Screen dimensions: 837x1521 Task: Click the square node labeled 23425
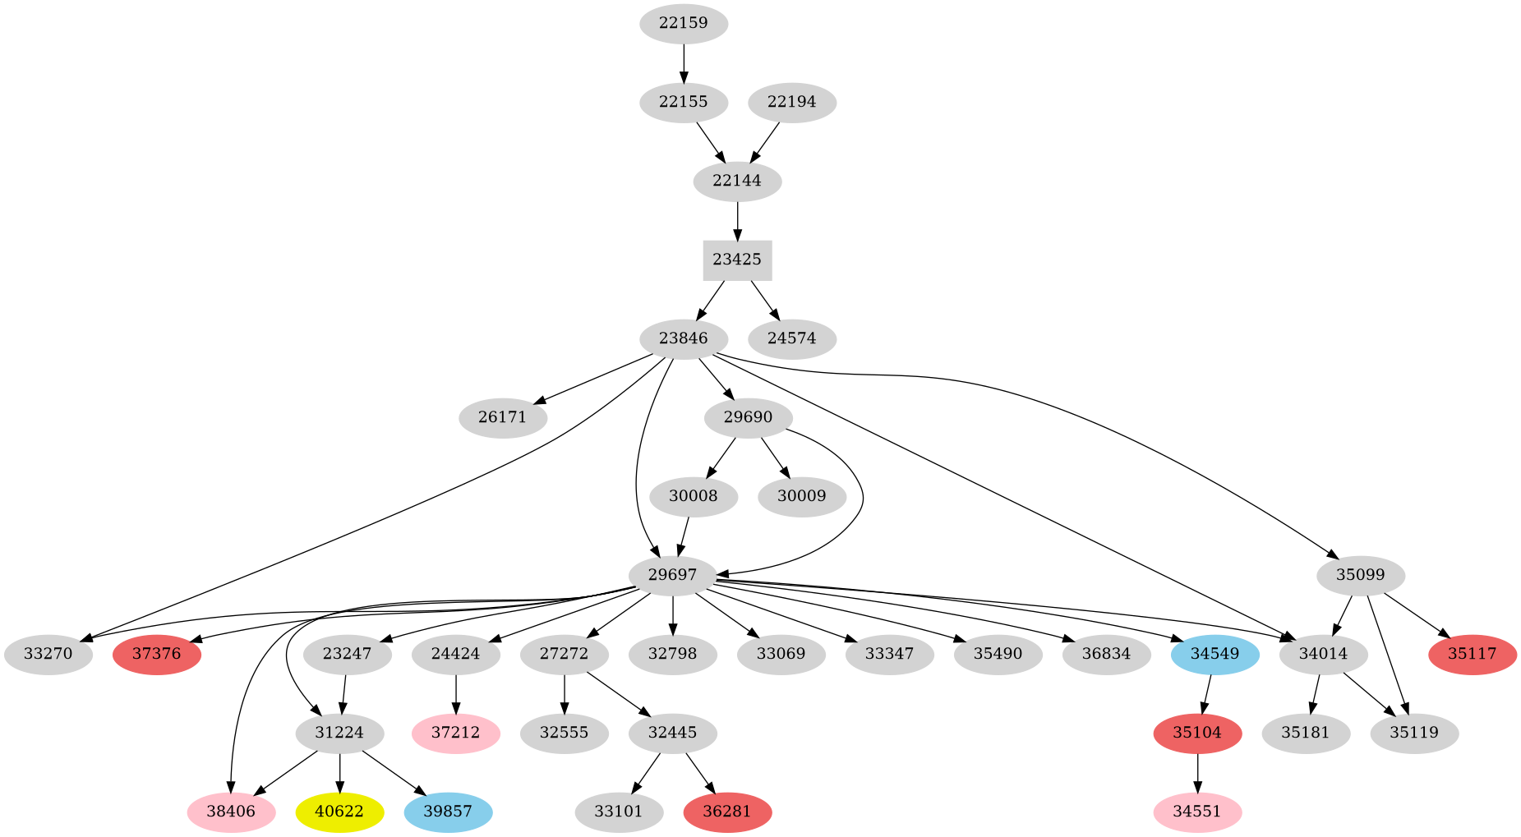(x=737, y=260)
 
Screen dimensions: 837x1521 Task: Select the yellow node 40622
(x=339, y=812)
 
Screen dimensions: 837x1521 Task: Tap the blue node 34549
(x=1214, y=654)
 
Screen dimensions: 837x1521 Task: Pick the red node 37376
(x=157, y=654)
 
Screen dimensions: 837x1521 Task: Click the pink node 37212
(x=455, y=733)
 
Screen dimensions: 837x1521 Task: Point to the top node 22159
(x=684, y=23)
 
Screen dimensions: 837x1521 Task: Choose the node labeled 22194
(x=792, y=102)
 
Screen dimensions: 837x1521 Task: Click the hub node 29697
(x=673, y=575)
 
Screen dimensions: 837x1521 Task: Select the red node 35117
(x=1473, y=654)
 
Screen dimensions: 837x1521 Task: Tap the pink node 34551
(x=1197, y=812)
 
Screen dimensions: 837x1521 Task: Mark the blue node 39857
(x=448, y=812)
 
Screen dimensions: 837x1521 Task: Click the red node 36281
(x=727, y=812)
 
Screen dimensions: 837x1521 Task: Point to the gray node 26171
(x=502, y=417)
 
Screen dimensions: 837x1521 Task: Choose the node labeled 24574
(x=792, y=338)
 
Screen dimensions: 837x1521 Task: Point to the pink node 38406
(x=231, y=812)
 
